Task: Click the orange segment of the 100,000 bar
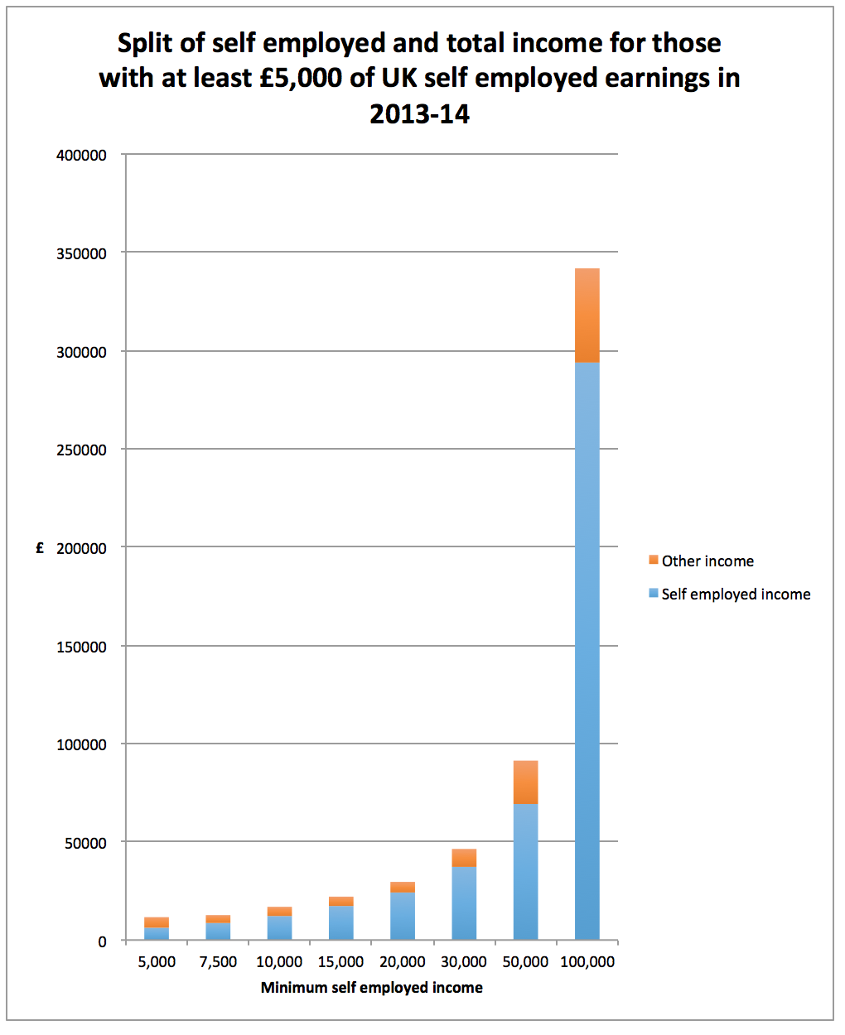tap(587, 315)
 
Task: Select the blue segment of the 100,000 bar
tap(587, 650)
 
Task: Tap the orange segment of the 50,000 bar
tap(525, 782)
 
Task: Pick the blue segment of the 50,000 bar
tap(525, 871)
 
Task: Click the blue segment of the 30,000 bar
tap(464, 903)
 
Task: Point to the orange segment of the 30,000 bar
tap(464, 858)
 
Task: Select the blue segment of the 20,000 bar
tap(403, 915)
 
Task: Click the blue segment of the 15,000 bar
tap(341, 922)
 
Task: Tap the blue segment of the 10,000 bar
tap(279, 927)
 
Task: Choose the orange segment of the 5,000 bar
tap(157, 922)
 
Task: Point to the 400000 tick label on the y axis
tap(81, 155)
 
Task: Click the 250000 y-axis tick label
tap(81, 450)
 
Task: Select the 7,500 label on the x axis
tap(218, 962)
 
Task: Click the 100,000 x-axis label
tap(587, 962)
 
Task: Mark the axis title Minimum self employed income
tap(371, 987)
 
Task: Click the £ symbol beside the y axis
tap(40, 548)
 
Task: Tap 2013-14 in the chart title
tap(419, 113)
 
